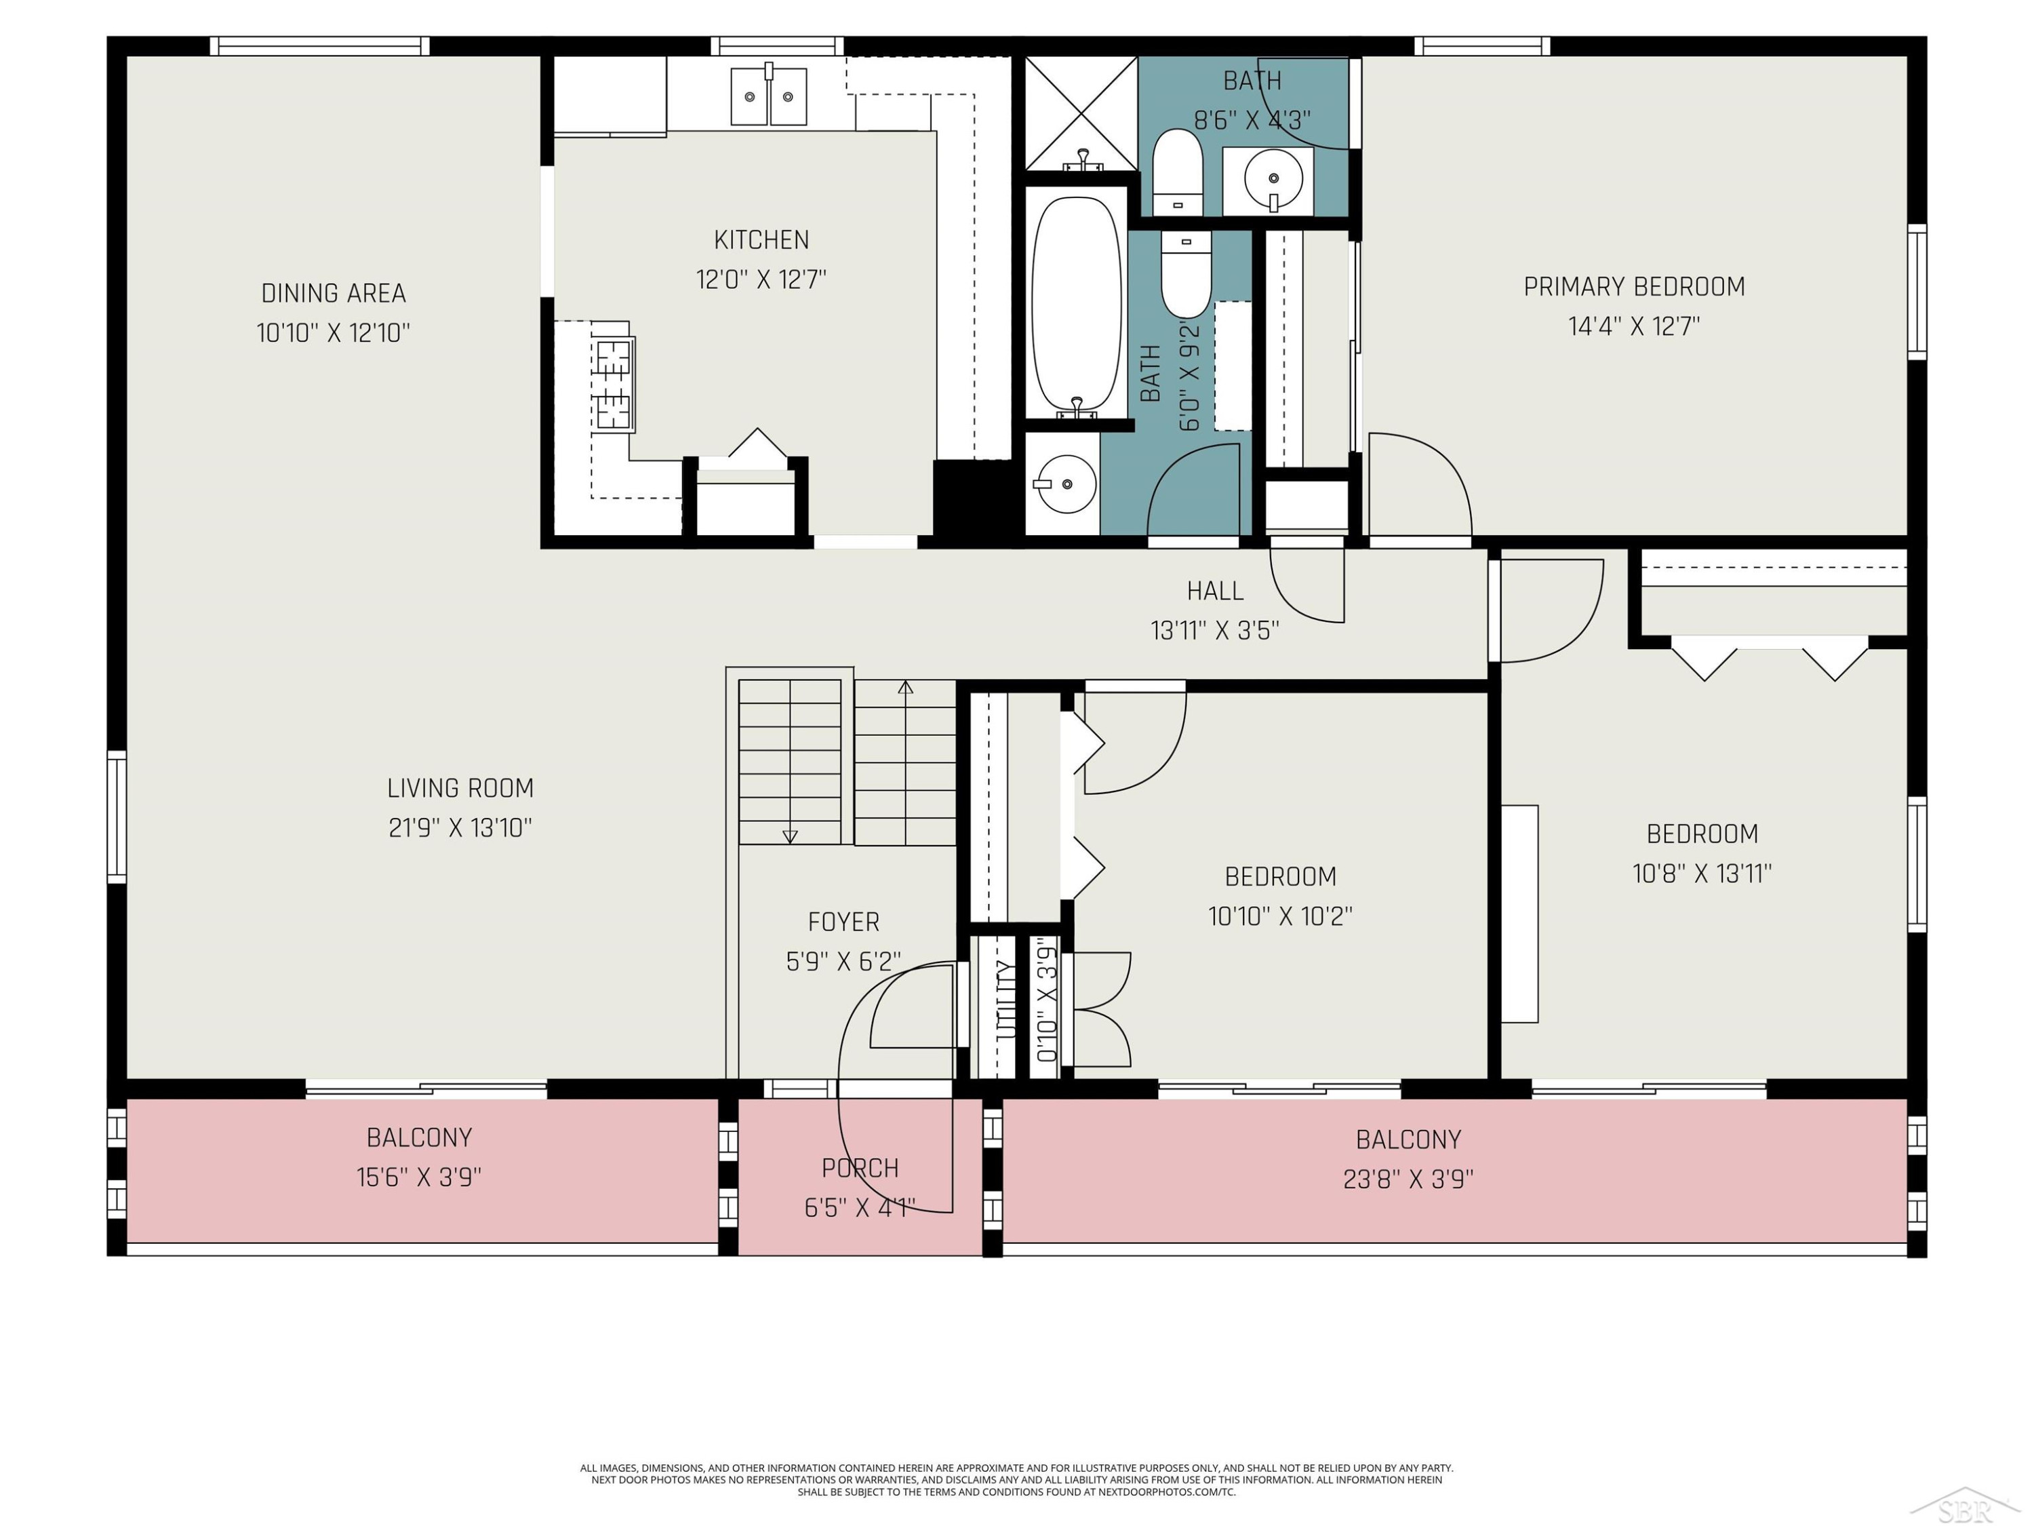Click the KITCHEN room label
pyautogui.click(x=761, y=240)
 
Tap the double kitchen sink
pyautogui.click(x=769, y=96)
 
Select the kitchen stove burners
pyautogui.click(x=614, y=385)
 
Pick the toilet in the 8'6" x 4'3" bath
pyautogui.click(x=1177, y=172)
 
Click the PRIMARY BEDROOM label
pyautogui.click(x=1634, y=287)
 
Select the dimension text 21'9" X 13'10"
pyautogui.click(x=460, y=828)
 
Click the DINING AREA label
pyautogui.click(x=334, y=294)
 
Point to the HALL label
pyautogui.click(x=1215, y=591)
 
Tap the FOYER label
pyautogui.click(x=843, y=922)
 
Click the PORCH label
pyautogui.click(x=860, y=1168)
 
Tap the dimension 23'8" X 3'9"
pyautogui.click(x=1408, y=1179)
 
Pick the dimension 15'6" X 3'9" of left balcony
pyautogui.click(x=419, y=1177)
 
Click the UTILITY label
pyautogui.click(x=1007, y=1000)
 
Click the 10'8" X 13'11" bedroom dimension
pyautogui.click(x=1702, y=874)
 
